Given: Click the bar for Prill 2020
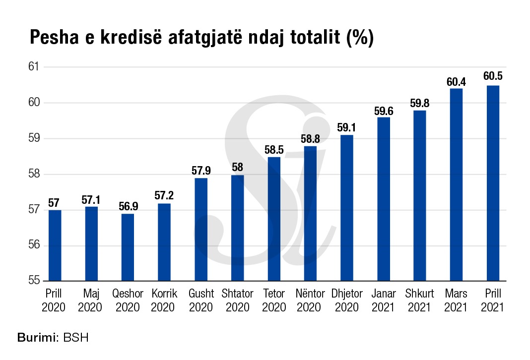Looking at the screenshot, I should (x=55, y=245).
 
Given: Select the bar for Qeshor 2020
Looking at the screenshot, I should (x=128, y=247).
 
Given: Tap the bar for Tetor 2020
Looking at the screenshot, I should (x=274, y=219).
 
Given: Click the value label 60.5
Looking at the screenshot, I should (x=492, y=76).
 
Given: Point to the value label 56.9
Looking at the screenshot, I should (x=128, y=205).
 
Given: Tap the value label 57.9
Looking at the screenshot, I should (x=201, y=170).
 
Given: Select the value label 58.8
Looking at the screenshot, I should (x=310, y=138).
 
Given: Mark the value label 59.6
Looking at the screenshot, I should (x=383, y=110).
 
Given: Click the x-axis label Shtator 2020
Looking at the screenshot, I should (x=237, y=300).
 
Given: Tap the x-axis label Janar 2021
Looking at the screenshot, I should (x=383, y=300).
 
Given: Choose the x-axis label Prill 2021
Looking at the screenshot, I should (x=492, y=300).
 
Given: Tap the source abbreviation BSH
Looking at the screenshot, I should (x=75, y=339).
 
